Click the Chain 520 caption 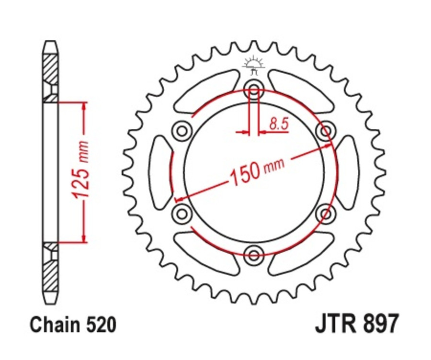click(73, 325)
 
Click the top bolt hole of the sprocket click(253, 88)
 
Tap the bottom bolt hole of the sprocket click(253, 252)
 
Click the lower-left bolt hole click(181, 212)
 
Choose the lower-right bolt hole click(326, 212)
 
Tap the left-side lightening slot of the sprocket click(161, 171)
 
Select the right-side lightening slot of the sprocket click(347, 171)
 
